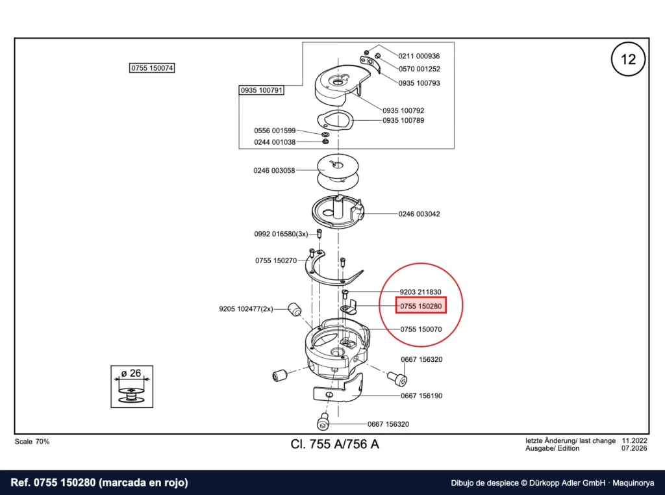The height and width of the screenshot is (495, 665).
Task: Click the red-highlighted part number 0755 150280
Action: point(421,306)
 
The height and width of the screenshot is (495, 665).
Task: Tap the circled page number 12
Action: point(628,59)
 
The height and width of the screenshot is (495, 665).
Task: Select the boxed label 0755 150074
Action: point(152,68)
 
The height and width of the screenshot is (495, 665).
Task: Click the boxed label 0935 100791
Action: point(261,90)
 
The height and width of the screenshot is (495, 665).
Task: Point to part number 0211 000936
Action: point(419,56)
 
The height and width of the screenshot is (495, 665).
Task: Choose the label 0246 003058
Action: point(274,170)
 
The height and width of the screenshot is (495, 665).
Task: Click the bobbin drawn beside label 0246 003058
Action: point(338,172)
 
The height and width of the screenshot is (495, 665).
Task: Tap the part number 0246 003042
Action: point(419,214)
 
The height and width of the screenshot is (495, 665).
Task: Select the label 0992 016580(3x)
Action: point(281,234)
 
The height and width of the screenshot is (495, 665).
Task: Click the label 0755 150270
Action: point(276,260)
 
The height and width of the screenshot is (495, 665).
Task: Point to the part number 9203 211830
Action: point(420,292)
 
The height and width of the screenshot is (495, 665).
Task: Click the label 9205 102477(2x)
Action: point(246,309)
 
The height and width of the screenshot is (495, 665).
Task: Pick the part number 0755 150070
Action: point(421,329)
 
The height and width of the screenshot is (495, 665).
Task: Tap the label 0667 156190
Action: point(421,396)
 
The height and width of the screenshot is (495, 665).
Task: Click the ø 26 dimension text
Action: point(131,374)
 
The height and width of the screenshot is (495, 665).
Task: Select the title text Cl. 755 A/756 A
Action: point(334,444)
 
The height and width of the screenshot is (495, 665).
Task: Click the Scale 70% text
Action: point(32,442)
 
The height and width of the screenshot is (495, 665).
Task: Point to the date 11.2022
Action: point(634,440)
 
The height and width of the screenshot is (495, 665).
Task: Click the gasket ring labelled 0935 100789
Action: point(335,120)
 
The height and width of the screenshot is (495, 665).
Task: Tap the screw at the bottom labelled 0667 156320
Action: point(323,421)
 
